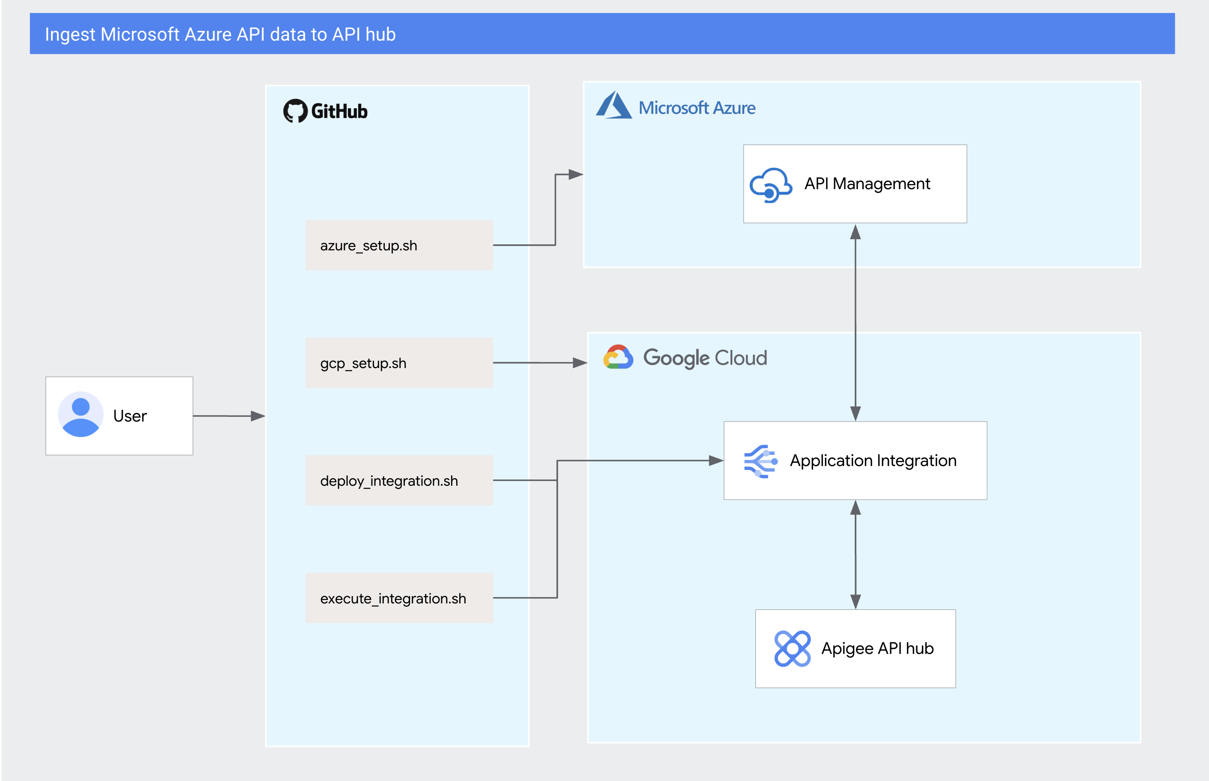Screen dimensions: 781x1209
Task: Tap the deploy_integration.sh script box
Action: (398, 480)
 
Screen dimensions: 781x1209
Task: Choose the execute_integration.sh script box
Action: (398, 598)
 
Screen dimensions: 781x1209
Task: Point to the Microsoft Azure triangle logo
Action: (614, 105)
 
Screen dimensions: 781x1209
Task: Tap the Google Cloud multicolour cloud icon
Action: (618, 357)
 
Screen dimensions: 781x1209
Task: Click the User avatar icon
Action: (80, 414)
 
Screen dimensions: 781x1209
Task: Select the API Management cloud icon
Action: (770, 185)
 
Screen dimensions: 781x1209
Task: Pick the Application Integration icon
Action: (760, 461)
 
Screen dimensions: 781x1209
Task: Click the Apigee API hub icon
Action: (792, 649)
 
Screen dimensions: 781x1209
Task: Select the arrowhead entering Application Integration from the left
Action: (716, 460)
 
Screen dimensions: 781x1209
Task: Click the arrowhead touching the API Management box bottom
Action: (856, 232)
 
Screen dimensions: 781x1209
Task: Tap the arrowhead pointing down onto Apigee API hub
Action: (856, 601)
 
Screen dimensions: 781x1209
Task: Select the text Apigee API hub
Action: (877, 649)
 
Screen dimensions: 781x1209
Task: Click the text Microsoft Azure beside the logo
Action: (697, 108)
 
